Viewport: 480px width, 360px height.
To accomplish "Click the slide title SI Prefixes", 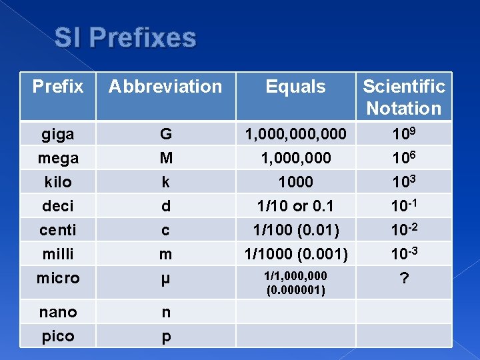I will [125, 38].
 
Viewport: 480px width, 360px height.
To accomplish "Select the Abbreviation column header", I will [165, 87].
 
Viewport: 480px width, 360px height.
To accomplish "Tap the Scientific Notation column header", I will [404, 97].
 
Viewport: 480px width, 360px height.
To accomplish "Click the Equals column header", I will [295, 87].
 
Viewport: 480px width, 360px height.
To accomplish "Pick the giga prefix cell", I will [58, 134].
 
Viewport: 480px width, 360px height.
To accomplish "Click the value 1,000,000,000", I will [295, 134].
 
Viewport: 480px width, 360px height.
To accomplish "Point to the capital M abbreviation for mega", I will [165, 158].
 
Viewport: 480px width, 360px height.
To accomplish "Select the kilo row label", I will [58, 182].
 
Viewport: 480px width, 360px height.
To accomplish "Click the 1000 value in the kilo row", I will [295, 182].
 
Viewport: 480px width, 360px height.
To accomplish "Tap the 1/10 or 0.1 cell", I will [295, 206].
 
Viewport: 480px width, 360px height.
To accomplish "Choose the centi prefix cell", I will [58, 230].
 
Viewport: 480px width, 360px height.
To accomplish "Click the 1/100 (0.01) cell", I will [295, 230].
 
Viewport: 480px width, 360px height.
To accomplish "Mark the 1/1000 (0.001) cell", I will [295, 254].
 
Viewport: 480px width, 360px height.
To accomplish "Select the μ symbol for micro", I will [165, 279].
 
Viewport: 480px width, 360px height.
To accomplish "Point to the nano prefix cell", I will [58, 312].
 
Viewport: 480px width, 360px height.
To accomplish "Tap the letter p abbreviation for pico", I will [165, 337].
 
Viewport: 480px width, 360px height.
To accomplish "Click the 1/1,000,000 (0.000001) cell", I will [295, 283].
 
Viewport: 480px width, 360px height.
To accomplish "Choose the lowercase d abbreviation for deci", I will [165, 206].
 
